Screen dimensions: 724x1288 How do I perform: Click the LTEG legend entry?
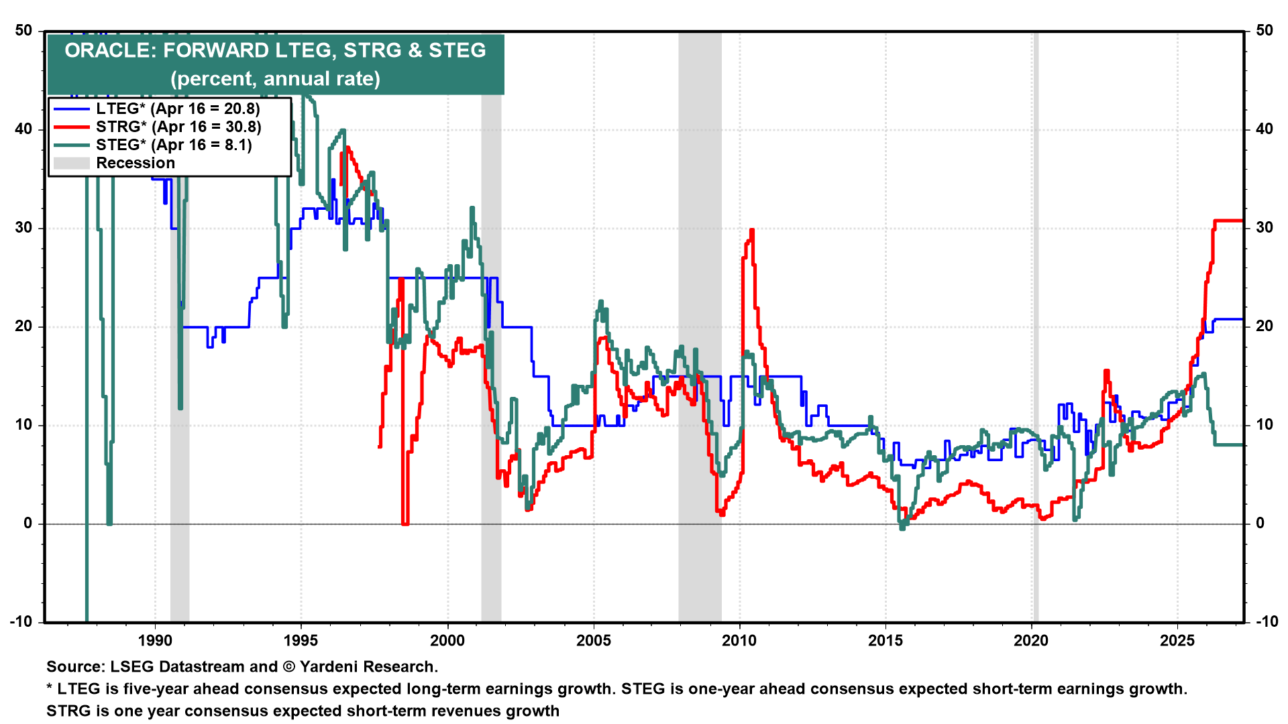coord(178,109)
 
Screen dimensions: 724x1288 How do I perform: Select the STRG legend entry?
coord(178,127)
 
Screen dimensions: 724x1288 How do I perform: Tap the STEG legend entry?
coord(173,145)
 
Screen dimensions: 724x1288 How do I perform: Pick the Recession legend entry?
coord(135,163)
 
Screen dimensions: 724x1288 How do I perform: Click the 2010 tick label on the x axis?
coord(739,640)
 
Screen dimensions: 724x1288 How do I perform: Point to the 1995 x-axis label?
coord(301,640)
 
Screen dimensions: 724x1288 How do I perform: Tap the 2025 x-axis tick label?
coord(1177,640)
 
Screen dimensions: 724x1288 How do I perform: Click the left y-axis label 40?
coord(23,129)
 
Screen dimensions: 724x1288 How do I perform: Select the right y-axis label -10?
coord(1266,621)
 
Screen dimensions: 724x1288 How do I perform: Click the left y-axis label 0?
coord(28,523)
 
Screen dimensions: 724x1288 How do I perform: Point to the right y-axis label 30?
coord(1265,227)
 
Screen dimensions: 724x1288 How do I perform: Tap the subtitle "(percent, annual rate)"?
coord(275,78)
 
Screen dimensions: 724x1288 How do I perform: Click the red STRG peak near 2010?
coord(751,231)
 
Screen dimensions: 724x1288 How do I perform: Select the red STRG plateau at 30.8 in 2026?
coord(1228,221)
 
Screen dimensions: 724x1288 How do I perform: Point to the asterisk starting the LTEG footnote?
coord(50,688)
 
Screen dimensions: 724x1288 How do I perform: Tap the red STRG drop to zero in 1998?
coord(405,523)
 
